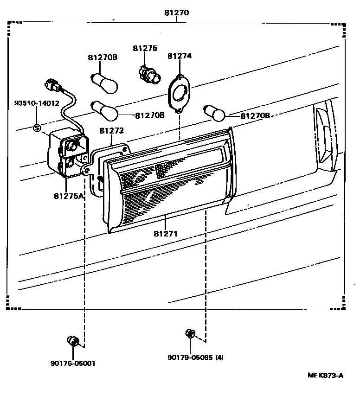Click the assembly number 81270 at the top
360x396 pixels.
[x=176, y=13]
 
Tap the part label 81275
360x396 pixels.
[x=145, y=48]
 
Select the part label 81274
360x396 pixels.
[x=180, y=56]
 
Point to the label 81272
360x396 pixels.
[x=111, y=131]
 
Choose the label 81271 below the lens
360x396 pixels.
[x=166, y=234]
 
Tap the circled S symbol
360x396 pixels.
[x=37, y=128]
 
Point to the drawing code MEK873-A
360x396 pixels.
[x=325, y=376]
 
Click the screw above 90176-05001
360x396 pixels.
[x=73, y=342]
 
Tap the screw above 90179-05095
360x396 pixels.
[x=190, y=333]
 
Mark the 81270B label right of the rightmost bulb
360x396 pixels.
[x=255, y=115]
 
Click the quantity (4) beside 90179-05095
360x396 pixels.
[x=219, y=358]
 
